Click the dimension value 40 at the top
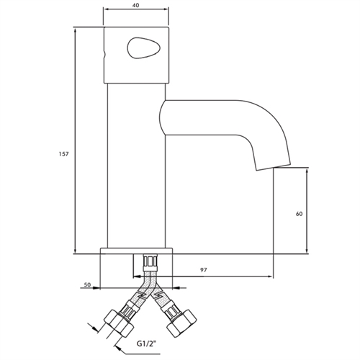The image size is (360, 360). click(137, 5)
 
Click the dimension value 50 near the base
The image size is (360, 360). click(87, 285)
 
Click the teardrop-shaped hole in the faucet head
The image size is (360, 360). click(138, 48)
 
